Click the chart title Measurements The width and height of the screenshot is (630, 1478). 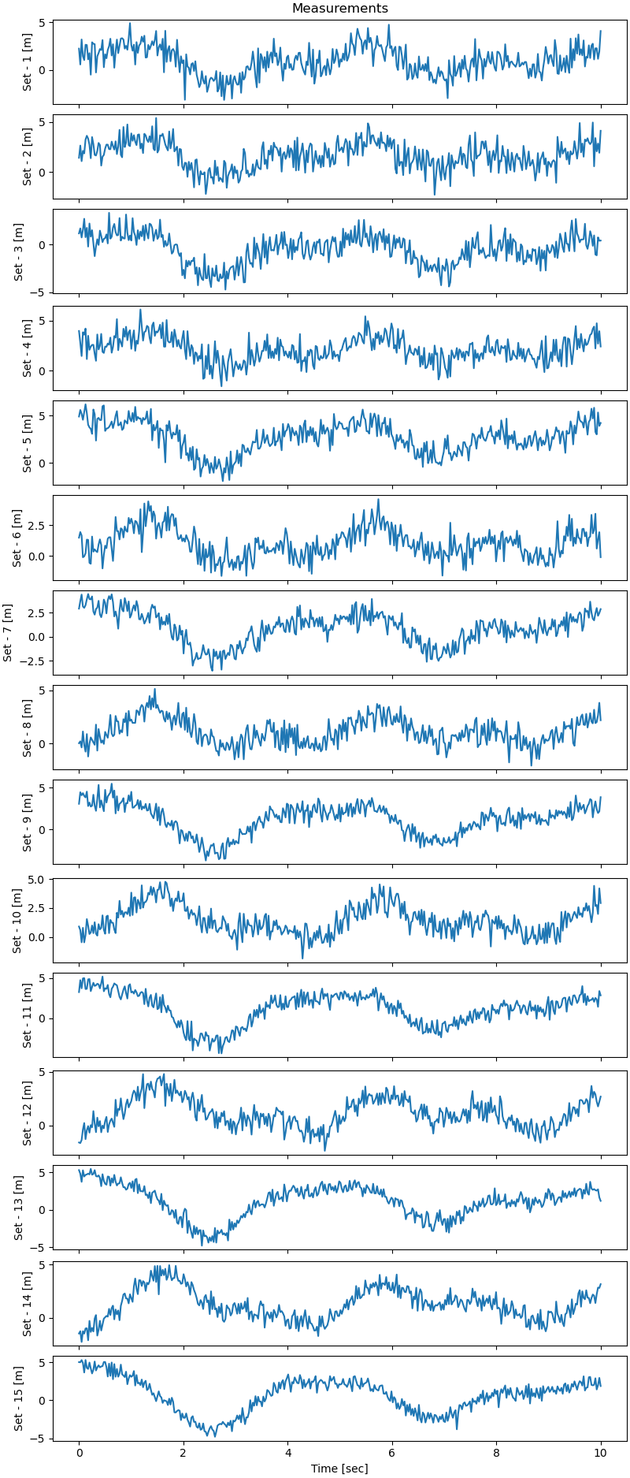pyautogui.click(x=339, y=9)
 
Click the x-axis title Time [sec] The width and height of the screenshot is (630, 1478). pyautogui.click(x=339, y=1468)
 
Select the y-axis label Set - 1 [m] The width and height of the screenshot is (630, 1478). pyautogui.click(x=27, y=62)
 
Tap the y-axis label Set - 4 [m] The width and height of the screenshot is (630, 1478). pyautogui.click(x=27, y=348)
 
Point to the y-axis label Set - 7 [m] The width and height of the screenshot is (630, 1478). pyautogui.click(x=8, y=632)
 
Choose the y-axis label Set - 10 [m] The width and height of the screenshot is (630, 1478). pyautogui.click(x=17, y=921)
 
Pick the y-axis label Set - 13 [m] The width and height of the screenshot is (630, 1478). pyautogui.click(x=17, y=1207)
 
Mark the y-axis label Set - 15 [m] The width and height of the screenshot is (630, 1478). pyautogui.click(x=17, y=1399)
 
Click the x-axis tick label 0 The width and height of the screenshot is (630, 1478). pyautogui.click(x=79, y=1452)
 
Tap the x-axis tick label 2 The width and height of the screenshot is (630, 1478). pyautogui.click(x=183, y=1452)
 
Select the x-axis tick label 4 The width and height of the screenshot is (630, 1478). pyautogui.click(x=287, y=1452)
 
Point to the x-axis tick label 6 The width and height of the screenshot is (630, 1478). pyautogui.click(x=392, y=1452)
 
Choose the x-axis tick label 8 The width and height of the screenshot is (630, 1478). pyautogui.click(x=496, y=1452)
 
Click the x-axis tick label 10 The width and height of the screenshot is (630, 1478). pyautogui.click(x=601, y=1452)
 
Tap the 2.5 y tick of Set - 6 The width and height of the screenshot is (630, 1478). pyautogui.click(x=38, y=525)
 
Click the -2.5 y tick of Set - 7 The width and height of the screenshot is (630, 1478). pyautogui.click(x=35, y=661)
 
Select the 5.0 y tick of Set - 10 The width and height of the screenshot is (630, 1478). pyautogui.click(x=38, y=879)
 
